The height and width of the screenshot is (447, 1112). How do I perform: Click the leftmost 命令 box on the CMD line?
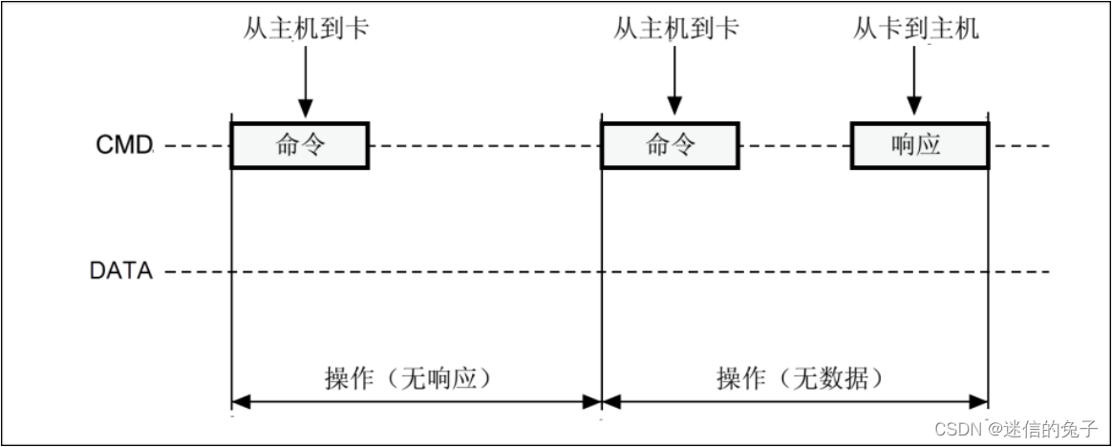point(300,145)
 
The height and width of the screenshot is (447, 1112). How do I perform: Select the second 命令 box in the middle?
point(670,145)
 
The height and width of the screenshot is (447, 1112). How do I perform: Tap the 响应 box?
point(917,145)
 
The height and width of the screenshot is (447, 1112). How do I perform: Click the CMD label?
point(124,146)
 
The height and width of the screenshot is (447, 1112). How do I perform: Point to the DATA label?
point(121,271)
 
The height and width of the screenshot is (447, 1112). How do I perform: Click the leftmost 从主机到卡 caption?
point(305,30)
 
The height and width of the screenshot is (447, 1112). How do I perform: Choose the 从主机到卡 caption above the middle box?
point(675,30)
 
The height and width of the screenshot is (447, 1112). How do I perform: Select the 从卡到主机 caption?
point(915,30)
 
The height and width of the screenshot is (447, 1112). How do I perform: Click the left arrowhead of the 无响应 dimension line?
point(241,403)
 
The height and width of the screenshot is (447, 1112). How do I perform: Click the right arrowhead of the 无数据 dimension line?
point(979,403)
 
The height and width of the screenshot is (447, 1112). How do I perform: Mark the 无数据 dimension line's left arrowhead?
point(610,403)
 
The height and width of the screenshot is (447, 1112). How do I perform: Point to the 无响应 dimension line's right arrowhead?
point(591,403)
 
